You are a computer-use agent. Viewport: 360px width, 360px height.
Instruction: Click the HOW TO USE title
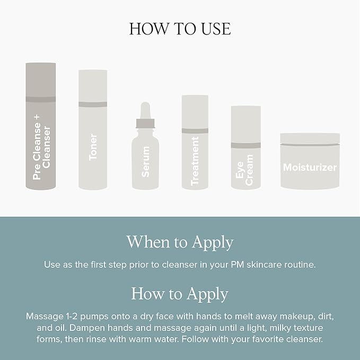(180, 29)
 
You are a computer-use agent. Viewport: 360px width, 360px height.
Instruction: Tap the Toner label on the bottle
(93, 147)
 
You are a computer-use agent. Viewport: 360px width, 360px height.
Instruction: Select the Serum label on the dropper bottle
(145, 162)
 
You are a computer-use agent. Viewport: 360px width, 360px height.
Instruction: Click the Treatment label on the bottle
(195, 161)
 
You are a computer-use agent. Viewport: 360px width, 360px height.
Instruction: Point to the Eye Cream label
(245, 170)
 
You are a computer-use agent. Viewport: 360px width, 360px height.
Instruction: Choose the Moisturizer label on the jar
(310, 167)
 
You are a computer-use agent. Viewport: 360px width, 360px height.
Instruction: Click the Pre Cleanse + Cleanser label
(41, 147)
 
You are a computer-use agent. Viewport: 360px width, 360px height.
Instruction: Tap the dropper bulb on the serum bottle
(145, 110)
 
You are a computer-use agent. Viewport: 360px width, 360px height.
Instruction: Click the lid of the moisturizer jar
(310, 139)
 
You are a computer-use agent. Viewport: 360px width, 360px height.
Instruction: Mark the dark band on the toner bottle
(93, 104)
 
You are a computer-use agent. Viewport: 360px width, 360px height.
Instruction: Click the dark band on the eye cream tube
(245, 145)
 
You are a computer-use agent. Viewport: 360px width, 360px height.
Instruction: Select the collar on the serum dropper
(145, 124)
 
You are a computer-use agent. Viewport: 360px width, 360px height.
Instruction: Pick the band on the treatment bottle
(195, 131)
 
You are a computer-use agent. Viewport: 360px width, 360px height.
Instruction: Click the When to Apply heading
(180, 242)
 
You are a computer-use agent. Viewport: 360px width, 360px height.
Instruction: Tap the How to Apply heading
(180, 294)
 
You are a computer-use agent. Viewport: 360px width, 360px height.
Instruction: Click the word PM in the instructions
(238, 265)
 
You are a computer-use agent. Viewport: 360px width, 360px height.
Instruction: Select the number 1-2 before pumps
(72, 316)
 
